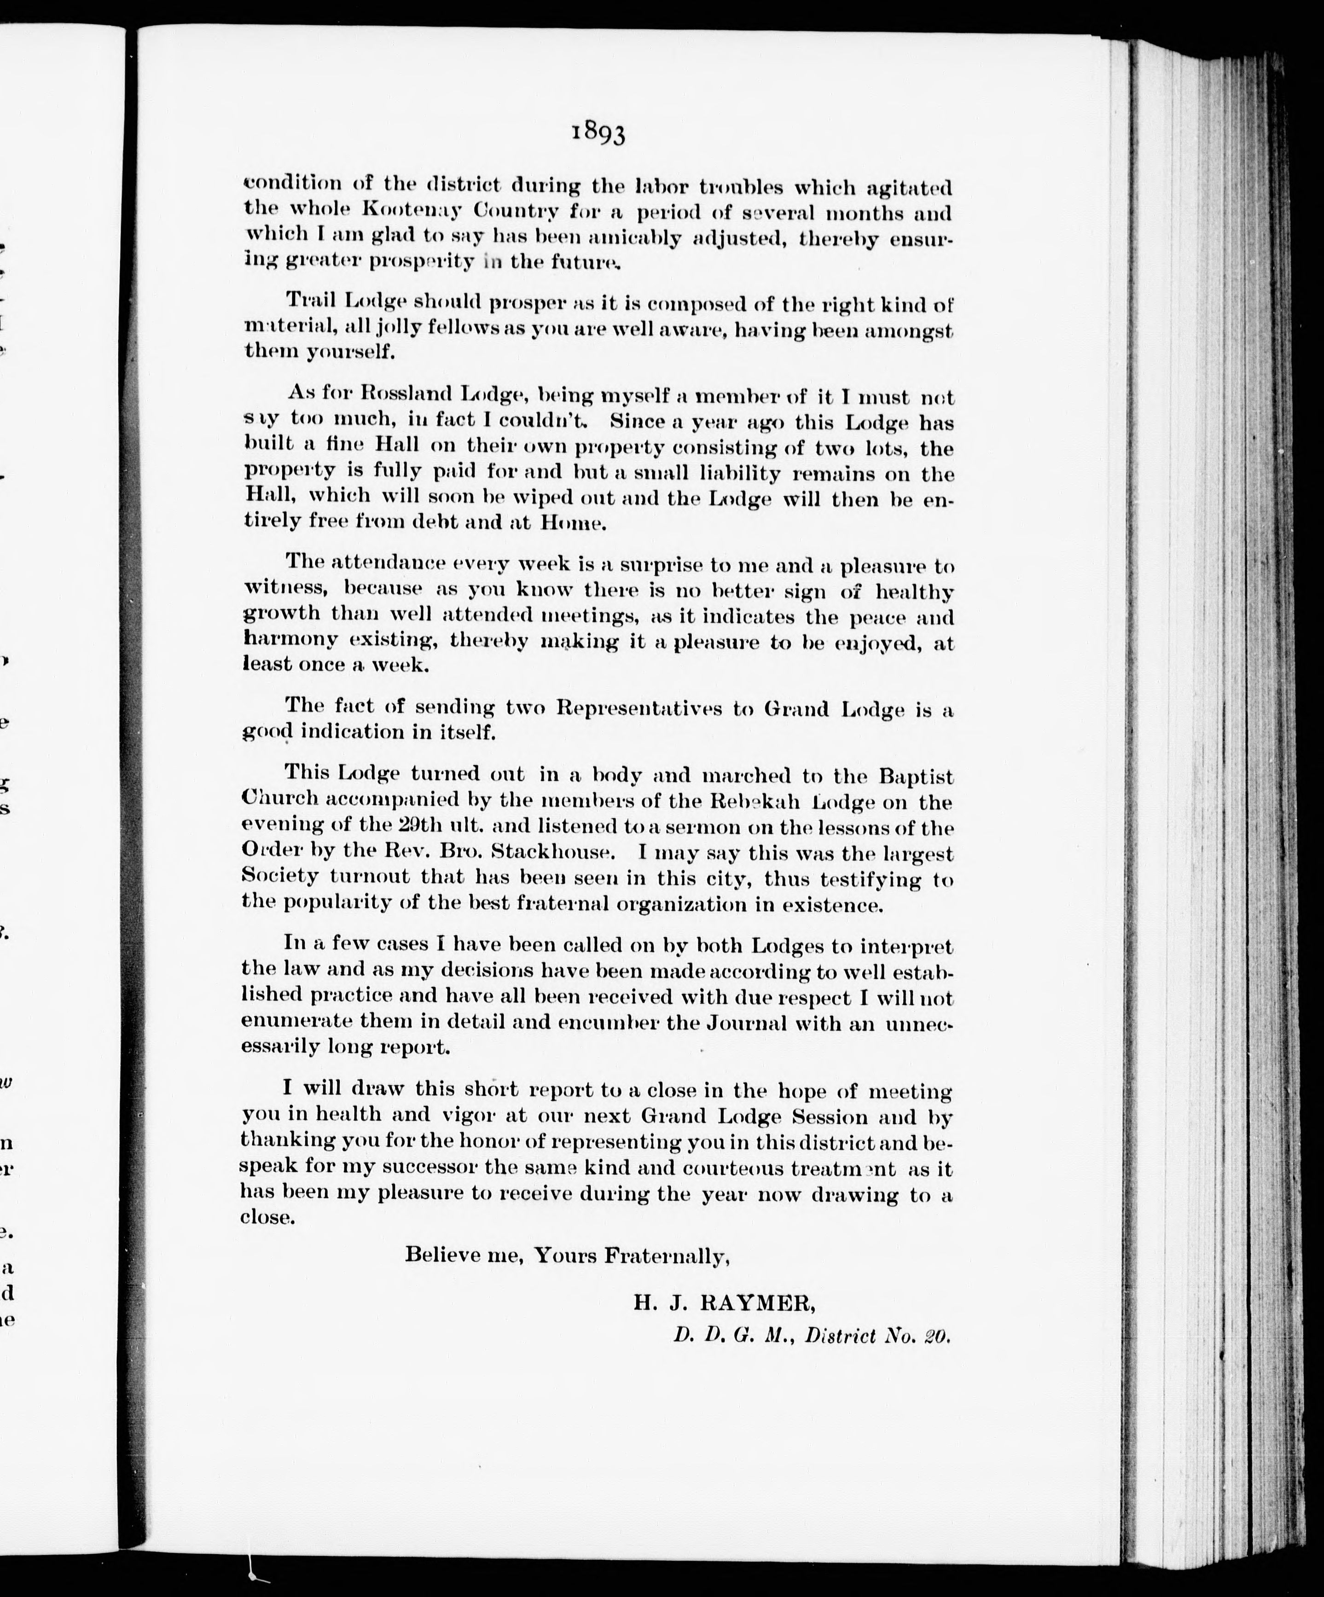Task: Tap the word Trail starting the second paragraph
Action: pyautogui.click(x=310, y=301)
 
